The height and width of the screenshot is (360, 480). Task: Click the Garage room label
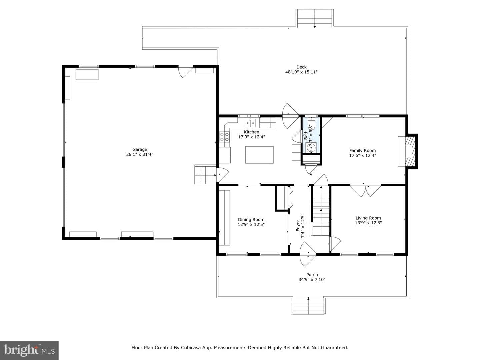(140, 150)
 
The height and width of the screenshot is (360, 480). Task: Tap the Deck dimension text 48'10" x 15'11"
(301, 72)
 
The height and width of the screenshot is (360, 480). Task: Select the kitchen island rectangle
(259, 155)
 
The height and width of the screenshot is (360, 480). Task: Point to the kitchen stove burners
(224, 137)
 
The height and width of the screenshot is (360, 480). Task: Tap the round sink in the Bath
(311, 148)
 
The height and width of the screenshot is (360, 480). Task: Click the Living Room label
(368, 218)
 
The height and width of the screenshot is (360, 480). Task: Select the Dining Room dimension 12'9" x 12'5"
(251, 224)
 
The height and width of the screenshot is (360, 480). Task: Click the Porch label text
(312, 275)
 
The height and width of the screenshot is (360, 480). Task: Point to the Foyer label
(298, 226)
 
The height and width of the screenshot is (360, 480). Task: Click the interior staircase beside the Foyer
(321, 210)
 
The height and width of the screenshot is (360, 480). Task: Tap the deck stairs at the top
(315, 19)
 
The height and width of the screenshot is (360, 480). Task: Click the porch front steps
(308, 306)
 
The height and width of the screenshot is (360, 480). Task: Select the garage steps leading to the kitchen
(205, 174)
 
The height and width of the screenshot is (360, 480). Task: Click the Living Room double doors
(366, 191)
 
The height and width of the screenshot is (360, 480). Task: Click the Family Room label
(362, 151)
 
